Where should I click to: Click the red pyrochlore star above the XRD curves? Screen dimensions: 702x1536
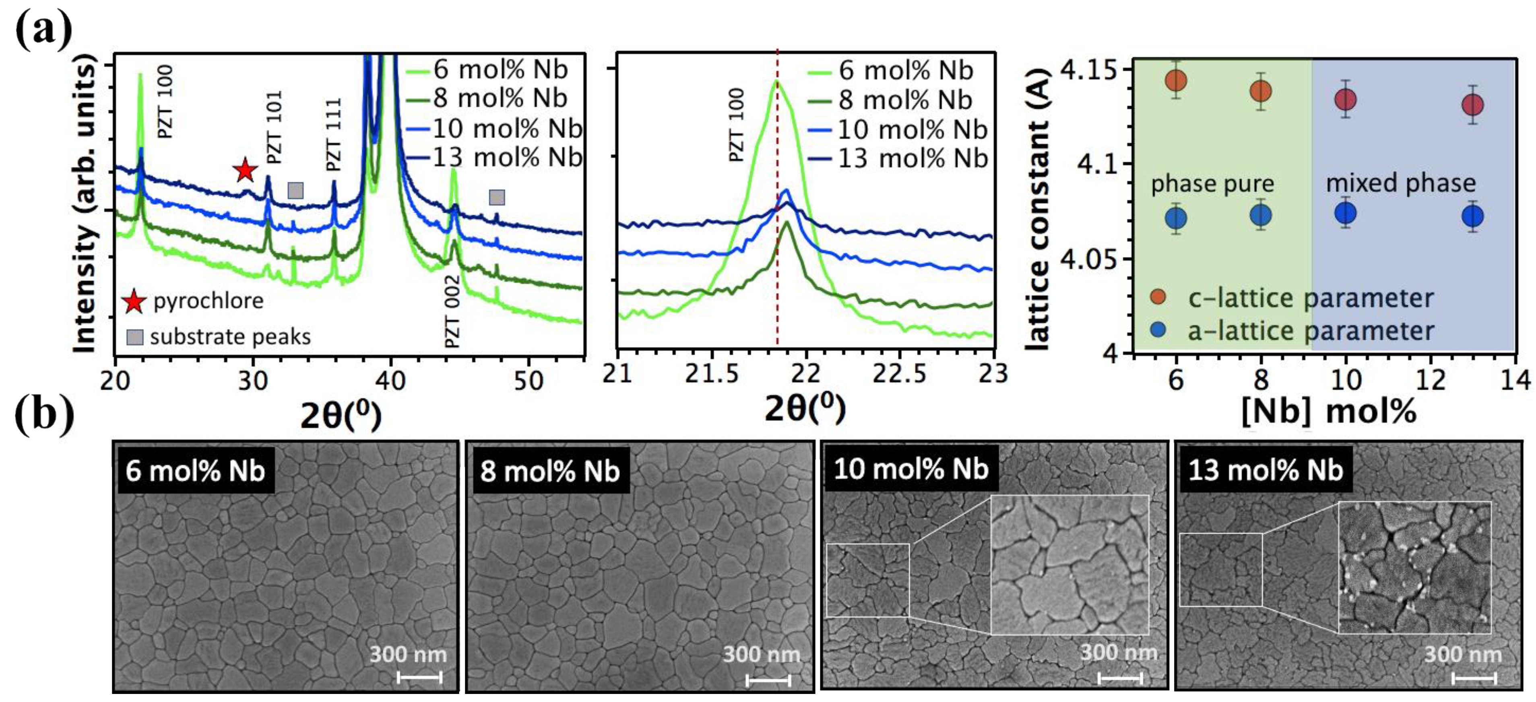click(245, 171)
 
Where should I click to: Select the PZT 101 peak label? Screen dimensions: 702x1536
click(274, 128)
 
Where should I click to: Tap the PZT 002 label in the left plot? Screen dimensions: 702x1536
click(452, 311)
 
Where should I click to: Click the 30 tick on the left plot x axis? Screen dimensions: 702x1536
click(253, 380)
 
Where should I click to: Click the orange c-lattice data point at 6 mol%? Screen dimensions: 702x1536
click(1176, 80)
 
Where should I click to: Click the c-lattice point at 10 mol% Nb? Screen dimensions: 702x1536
click(1346, 99)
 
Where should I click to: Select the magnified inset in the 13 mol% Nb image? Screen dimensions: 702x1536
click(1414, 567)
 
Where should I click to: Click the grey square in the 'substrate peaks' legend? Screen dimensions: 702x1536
click(135, 337)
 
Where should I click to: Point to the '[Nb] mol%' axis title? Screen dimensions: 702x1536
click(1328, 411)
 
